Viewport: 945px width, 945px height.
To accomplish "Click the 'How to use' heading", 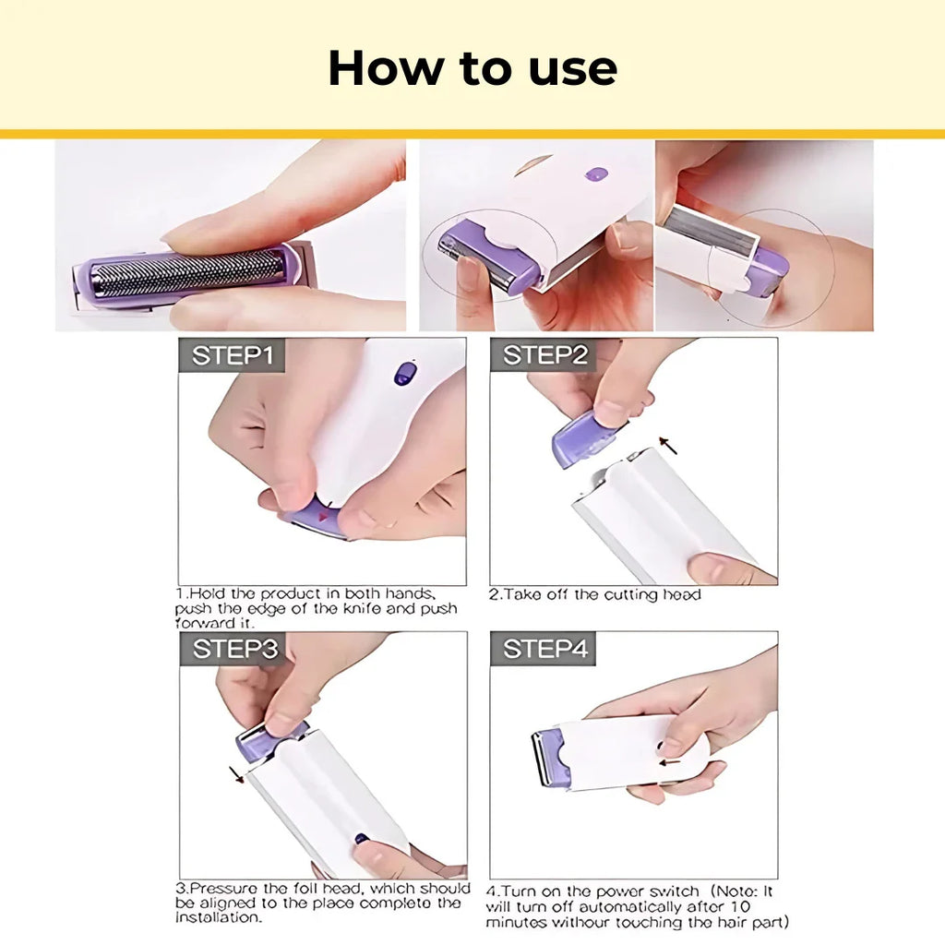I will coord(472,68).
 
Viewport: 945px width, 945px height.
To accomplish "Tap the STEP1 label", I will coord(233,355).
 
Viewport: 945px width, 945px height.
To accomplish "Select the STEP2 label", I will coord(544,355).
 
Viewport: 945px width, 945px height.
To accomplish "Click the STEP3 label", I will coord(234,649).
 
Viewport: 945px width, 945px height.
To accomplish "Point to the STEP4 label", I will coord(544,649).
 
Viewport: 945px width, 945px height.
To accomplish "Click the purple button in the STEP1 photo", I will coord(404,373).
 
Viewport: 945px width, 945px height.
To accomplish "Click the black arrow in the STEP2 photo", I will coord(667,447).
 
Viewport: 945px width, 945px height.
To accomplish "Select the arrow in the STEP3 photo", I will coord(237,773).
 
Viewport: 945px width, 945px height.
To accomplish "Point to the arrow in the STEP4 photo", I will coord(671,761).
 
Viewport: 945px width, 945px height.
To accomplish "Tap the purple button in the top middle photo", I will coord(596,173).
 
